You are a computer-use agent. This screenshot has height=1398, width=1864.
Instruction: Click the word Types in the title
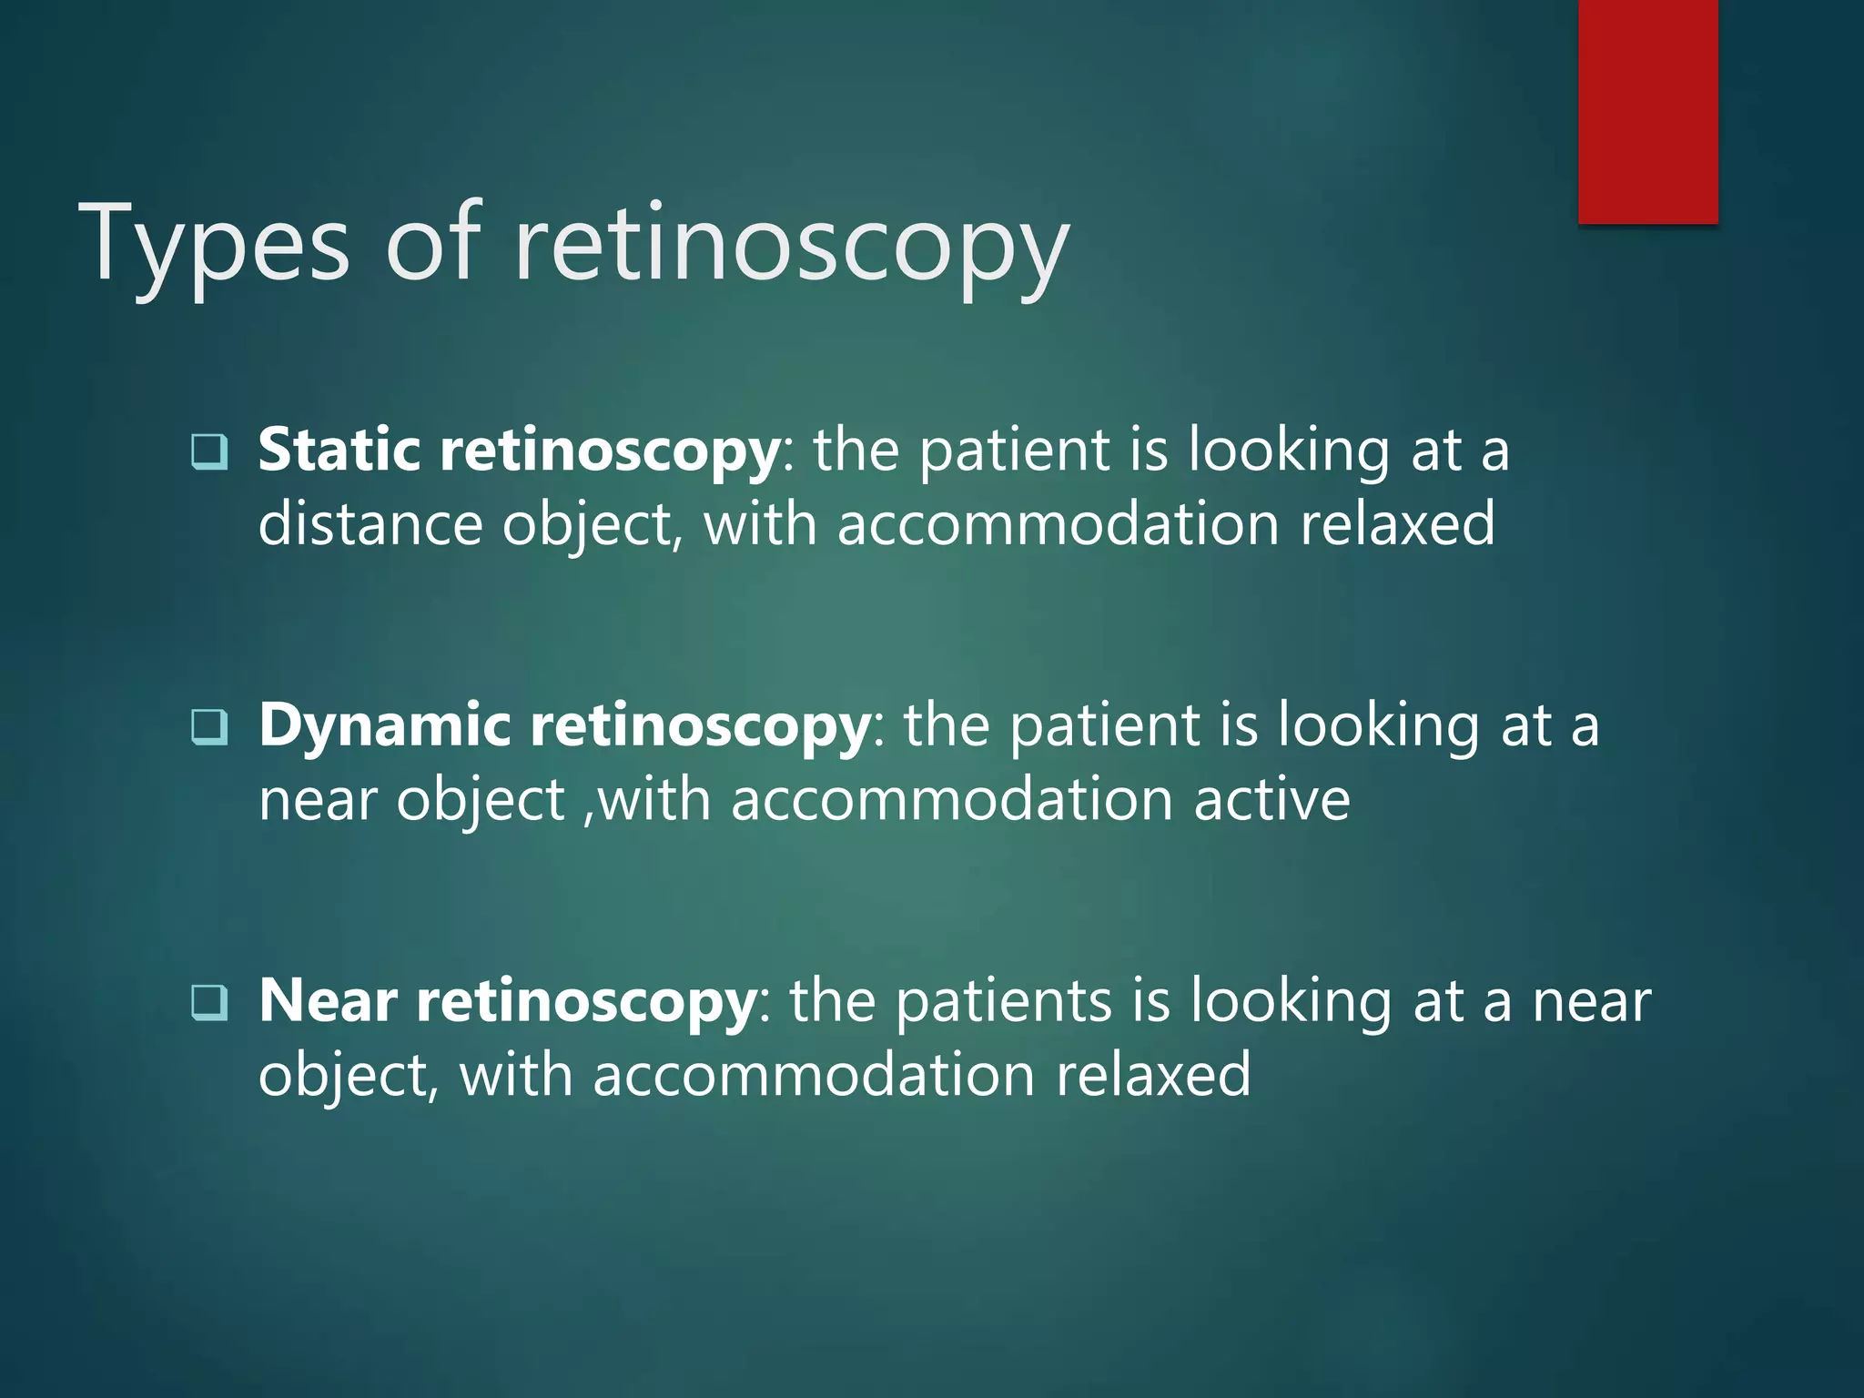[215, 244]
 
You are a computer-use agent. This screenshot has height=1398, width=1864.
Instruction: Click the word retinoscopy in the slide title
[791, 244]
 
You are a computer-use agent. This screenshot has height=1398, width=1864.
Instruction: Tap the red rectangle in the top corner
[1647, 111]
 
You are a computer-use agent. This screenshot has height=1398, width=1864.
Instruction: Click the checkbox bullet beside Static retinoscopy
[209, 451]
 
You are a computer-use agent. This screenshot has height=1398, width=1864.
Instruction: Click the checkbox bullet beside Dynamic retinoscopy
[209, 726]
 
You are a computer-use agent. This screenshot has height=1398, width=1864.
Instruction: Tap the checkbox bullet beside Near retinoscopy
[209, 1002]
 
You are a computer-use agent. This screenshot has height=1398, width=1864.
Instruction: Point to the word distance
[370, 525]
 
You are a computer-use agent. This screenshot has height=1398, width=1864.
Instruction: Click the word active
[1271, 800]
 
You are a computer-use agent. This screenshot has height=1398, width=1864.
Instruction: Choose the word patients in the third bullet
[1003, 1001]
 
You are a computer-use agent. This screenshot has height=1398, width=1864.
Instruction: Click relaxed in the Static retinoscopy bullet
[1397, 525]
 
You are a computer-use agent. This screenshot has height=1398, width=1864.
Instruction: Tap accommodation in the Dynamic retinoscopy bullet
[951, 800]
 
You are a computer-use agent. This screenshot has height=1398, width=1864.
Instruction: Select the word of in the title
[432, 244]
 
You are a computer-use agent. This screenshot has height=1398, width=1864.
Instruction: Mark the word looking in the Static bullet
[1289, 451]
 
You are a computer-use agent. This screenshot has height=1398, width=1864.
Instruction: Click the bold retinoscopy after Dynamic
[700, 727]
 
